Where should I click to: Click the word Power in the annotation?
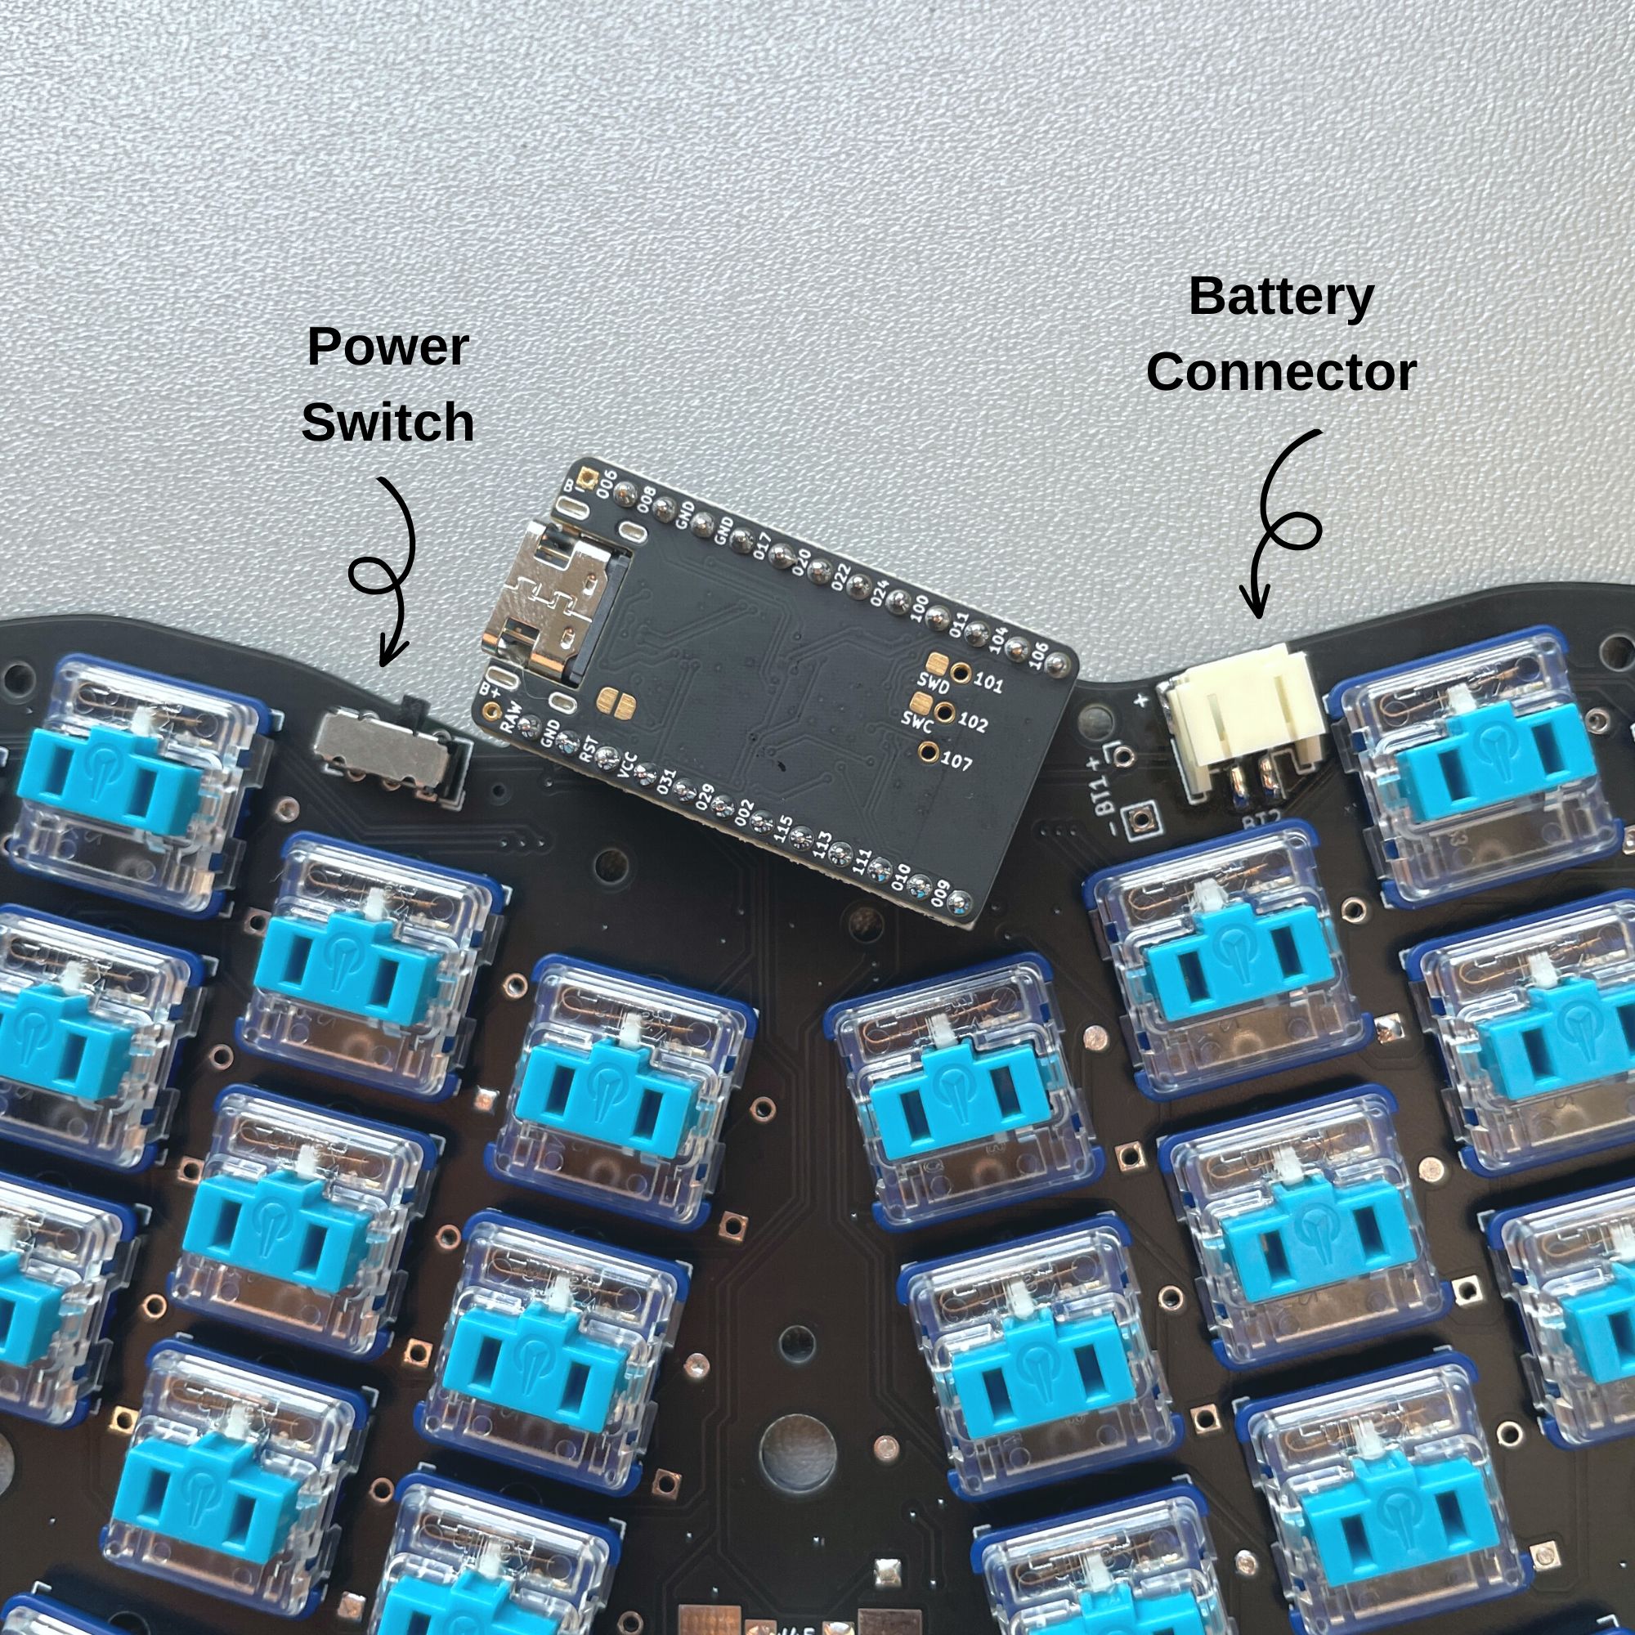point(387,347)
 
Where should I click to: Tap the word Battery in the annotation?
point(1280,297)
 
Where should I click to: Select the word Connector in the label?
point(1280,372)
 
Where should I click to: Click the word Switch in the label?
point(387,423)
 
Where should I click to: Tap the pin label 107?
point(956,761)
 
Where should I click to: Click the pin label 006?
point(606,483)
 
